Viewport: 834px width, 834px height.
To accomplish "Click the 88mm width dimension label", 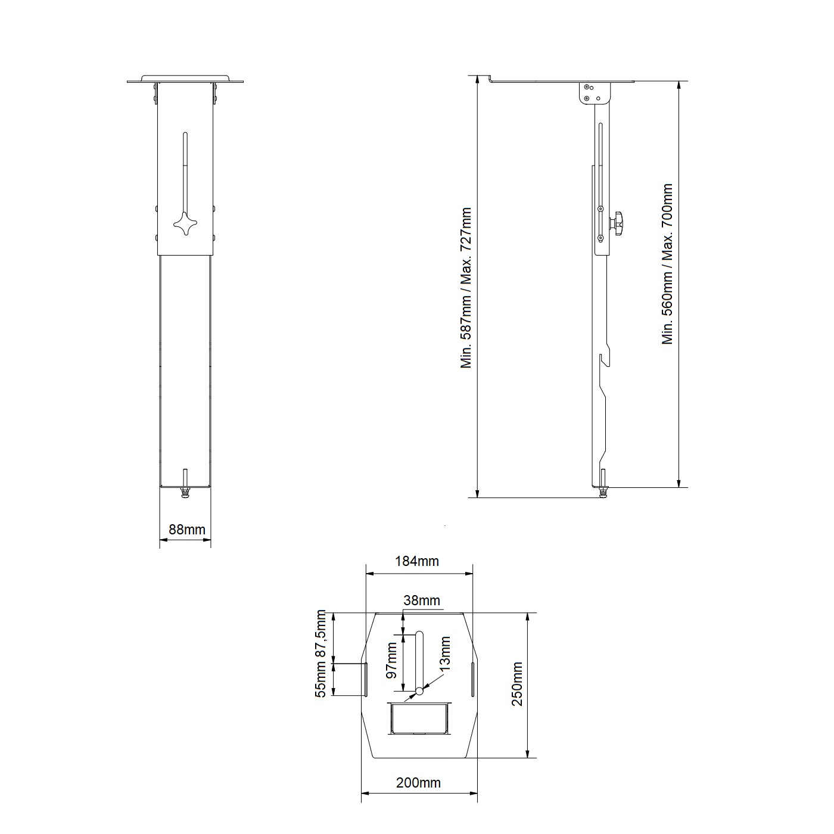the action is [187, 530].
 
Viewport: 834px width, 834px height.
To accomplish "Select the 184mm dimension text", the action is [417, 561].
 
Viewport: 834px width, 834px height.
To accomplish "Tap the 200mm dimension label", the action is [418, 783].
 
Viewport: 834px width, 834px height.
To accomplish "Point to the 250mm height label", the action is [517, 684].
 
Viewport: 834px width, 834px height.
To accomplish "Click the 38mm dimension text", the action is [422, 600].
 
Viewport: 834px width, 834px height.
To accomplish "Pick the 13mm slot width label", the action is [445, 653].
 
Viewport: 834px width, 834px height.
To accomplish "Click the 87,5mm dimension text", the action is [320, 634].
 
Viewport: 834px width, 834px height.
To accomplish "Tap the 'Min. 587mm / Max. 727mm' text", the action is [466, 288].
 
